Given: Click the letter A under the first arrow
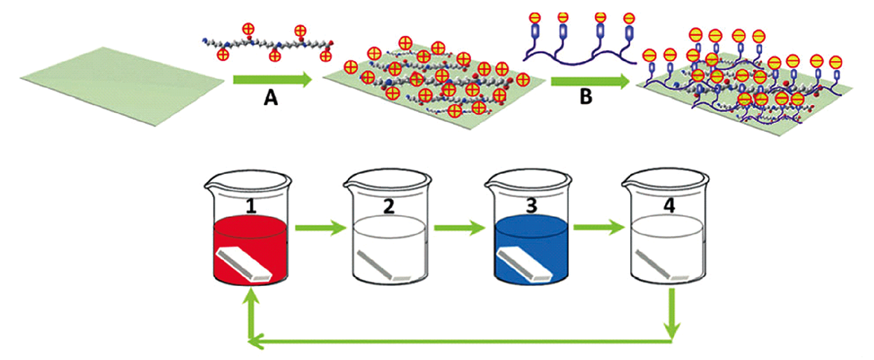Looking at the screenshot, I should (x=270, y=101).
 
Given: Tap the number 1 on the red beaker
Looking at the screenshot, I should (x=251, y=207).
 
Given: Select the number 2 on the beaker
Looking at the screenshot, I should (x=389, y=207).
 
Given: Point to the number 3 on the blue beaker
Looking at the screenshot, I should (x=531, y=207).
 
